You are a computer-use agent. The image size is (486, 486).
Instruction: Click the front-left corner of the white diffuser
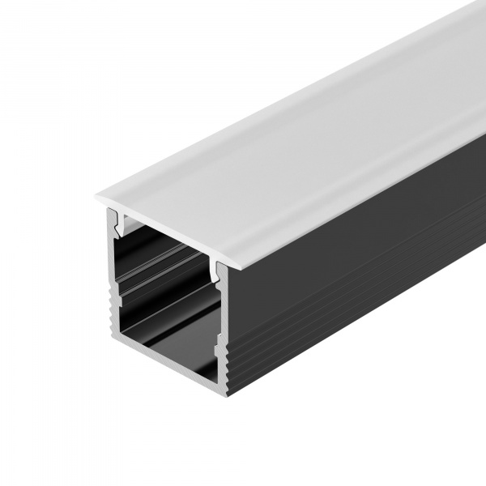(97, 196)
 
